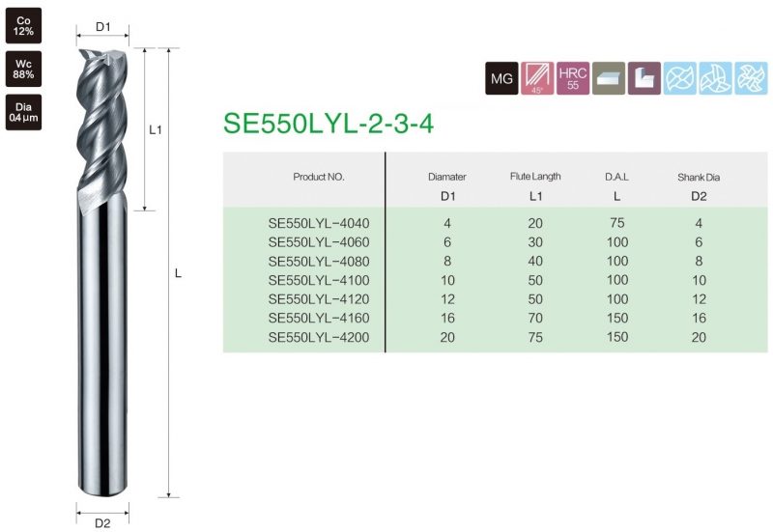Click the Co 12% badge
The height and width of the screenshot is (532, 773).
23,26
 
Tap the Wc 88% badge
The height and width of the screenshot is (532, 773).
23,69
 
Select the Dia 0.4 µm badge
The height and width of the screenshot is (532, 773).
23,112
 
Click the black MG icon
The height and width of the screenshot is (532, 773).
501,78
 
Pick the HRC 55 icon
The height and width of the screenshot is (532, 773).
573,78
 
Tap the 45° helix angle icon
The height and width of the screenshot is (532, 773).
537,78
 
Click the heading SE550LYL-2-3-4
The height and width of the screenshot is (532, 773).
329,124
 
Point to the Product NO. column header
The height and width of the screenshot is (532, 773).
319,177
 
